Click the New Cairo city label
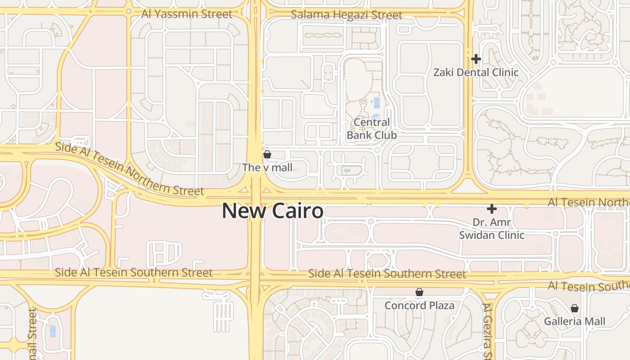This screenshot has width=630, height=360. coord(273,211)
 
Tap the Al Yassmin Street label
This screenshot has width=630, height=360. coord(187,14)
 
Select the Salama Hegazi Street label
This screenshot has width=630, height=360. coord(346,15)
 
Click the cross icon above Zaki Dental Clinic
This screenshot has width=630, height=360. coord(476,59)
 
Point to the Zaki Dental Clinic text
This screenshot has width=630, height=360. coord(476,72)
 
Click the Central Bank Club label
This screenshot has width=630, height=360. coord(372,129)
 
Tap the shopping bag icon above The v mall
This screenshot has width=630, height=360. coord(267,155)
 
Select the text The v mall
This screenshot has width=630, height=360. coord(267,168)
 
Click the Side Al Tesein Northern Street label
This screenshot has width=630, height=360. coord(130,169)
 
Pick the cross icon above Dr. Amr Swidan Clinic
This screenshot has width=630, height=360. coord(492,209)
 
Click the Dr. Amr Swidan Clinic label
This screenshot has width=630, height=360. coord(492,229)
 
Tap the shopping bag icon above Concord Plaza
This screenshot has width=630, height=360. coord(419,292)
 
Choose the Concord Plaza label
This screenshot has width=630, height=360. coord(419,306)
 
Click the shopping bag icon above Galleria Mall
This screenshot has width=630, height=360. coord(575,308)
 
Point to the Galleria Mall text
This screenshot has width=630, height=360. coord(575,322)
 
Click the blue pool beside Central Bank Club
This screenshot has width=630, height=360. coord(376,103)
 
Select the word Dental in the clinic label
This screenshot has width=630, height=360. coord(471,72)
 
